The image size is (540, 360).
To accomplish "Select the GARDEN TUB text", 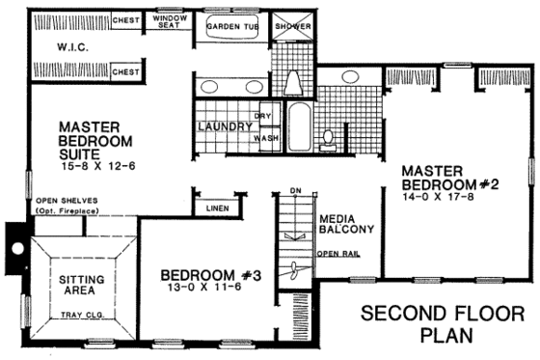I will pos(232,26).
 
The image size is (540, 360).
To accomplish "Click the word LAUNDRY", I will pos(225,126).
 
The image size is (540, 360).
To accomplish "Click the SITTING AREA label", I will pos(72,283).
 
